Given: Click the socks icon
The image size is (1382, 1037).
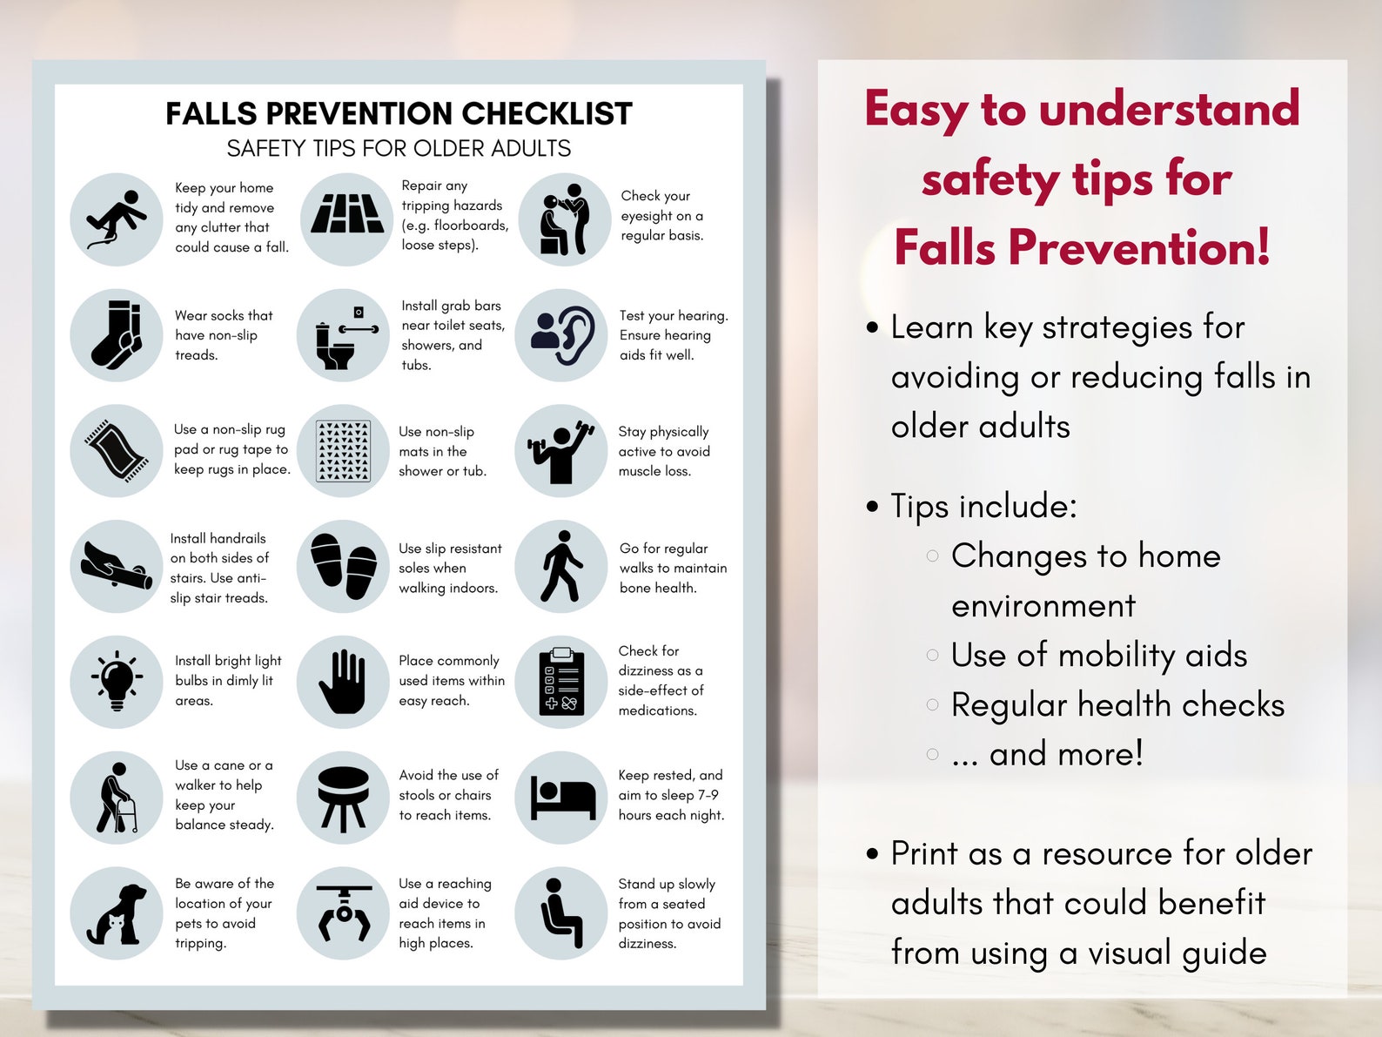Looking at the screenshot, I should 117,335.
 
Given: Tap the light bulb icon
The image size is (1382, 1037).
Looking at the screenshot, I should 117,681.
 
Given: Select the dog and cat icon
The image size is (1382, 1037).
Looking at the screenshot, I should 117,913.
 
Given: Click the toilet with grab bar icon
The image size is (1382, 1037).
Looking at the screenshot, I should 344,336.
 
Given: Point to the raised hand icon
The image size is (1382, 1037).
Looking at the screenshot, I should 344,681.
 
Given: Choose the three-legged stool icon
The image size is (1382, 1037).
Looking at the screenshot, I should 344,798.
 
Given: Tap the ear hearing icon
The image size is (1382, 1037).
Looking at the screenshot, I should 561,335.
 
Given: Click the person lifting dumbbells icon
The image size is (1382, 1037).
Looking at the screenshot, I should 561,451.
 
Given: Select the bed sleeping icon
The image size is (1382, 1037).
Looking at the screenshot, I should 561,798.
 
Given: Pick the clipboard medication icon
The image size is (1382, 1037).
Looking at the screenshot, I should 561,681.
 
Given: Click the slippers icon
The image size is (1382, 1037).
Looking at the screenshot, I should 344,566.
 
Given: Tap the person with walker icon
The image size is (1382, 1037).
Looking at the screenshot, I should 117,798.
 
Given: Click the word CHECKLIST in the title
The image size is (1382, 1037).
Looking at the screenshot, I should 547,114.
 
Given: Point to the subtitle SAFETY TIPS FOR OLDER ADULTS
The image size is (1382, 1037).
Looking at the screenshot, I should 399,149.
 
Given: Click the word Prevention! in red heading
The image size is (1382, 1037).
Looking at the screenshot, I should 1139,247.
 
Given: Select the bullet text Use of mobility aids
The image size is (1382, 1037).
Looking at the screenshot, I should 1098,656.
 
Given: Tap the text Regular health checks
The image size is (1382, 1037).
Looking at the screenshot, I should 1117,705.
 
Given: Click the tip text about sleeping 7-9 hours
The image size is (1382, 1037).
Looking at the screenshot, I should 671,795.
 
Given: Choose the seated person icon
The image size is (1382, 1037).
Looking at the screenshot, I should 561,913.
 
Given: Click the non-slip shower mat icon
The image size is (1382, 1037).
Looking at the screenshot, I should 344,451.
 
